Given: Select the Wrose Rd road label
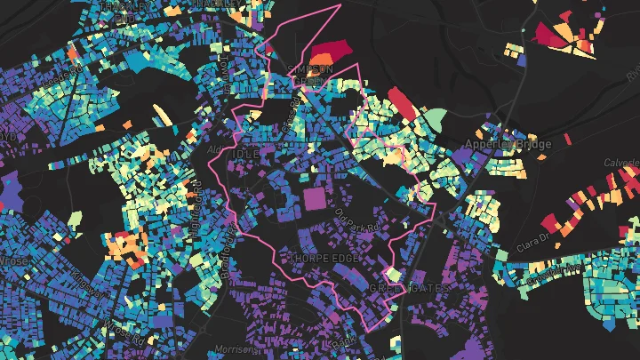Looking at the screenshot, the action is click(x=124, y=320).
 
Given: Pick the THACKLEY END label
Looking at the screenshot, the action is click(x=120, y=11).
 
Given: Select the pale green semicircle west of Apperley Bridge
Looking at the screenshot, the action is click(x=433, y=118).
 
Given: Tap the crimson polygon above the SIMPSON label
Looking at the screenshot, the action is click(x=328, y=54).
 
